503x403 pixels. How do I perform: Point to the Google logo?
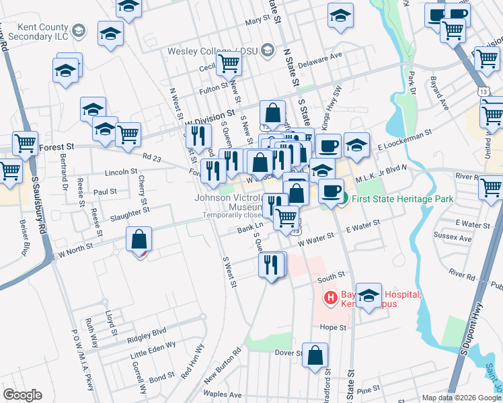point(22,395)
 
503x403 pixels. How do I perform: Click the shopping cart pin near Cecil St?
point(229,64)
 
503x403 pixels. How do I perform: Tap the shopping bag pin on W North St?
point(139,240)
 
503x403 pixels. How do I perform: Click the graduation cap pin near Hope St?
point(369,296)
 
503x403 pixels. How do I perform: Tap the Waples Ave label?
point(222,394)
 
